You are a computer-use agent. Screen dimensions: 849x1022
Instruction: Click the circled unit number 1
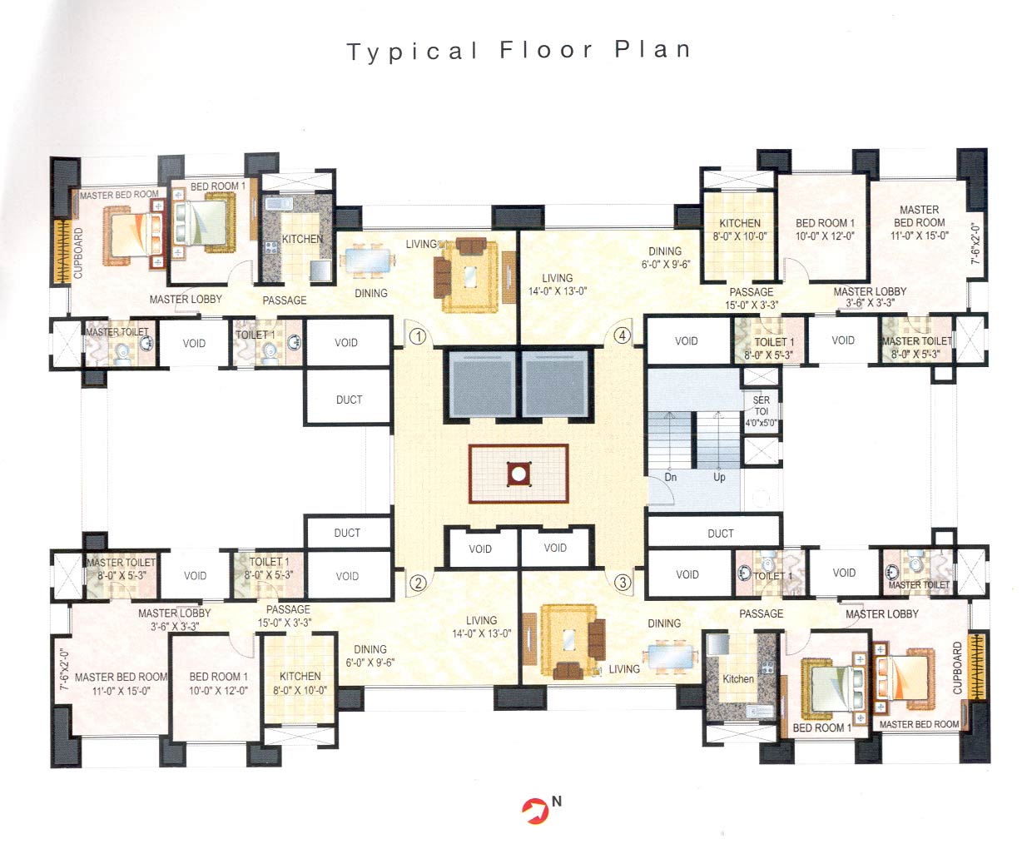[x=418, y=337]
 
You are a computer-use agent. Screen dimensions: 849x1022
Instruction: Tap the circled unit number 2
[x=418, y=583]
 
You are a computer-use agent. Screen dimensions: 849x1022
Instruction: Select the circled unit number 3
[x=622, y=583]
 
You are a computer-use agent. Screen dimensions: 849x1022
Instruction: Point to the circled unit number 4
[x=622, y=336]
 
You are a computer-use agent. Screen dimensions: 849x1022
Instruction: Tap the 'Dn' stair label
[x=671, y=477]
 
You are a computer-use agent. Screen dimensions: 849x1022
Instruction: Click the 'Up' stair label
[x=719, y=477]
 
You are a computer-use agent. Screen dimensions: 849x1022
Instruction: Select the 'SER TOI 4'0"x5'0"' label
[x=762, y=411]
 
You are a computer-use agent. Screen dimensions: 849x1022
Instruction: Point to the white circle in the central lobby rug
[x=518, y=474]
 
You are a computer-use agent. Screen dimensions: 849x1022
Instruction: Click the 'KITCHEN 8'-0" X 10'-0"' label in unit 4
[x=740, y=229]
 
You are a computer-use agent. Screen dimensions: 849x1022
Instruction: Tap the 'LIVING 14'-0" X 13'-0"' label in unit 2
[x=481, y=627]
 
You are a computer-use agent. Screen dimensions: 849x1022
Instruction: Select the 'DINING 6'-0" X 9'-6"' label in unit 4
[x=665, y=257]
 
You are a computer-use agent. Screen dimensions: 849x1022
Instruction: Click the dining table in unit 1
[x=367, y=261]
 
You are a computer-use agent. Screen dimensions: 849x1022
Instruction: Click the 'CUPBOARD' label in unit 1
[x=79, y=251]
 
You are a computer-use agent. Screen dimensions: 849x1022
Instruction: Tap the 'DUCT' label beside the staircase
[x=721, y=534]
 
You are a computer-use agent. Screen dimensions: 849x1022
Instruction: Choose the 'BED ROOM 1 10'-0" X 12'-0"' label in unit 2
[x=218, y=683]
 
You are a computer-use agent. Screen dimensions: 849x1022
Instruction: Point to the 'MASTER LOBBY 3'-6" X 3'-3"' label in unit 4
[x=870, y=297]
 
